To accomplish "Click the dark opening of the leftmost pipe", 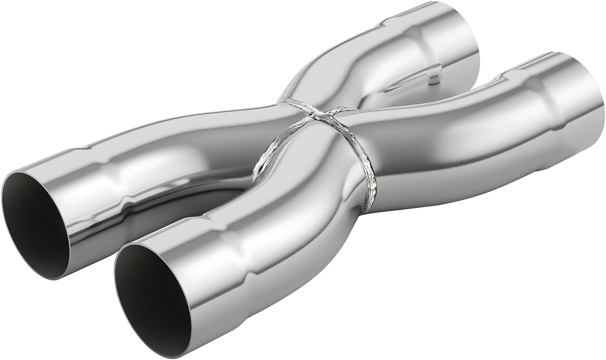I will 34,224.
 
